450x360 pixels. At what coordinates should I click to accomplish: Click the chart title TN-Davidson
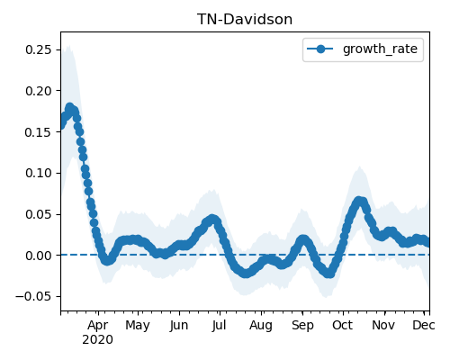[245, 20]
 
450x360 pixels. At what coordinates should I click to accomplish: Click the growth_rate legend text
[380, 49]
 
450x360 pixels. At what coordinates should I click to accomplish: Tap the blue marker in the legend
[320, 49]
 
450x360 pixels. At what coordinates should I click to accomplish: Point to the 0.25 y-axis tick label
[39, 49]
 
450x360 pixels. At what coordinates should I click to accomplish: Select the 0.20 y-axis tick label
[39, 91]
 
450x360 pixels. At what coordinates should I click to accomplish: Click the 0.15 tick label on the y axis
[39, 132]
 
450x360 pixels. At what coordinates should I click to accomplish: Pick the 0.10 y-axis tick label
[39, 173]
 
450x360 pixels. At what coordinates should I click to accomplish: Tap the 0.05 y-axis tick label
[39, 214]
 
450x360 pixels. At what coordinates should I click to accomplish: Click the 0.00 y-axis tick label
[39, 256]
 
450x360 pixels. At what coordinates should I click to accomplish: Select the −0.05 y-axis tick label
[33, 297]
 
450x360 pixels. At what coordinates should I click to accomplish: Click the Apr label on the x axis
[98, 325]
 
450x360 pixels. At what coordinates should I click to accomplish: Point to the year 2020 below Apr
[98, 340]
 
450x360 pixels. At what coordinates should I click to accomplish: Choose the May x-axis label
[138, 326]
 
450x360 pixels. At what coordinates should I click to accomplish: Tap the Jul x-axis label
[219, 325]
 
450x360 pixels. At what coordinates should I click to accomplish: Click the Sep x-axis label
[302, 326]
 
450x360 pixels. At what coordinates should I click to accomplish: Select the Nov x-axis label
[383, 325]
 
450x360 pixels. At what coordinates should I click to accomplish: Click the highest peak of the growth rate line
[70, 107]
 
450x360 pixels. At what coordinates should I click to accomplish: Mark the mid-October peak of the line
[359, 201]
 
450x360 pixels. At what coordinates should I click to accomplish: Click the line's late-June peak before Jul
[212, 219]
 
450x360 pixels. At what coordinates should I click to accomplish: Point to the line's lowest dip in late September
[329, 274]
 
